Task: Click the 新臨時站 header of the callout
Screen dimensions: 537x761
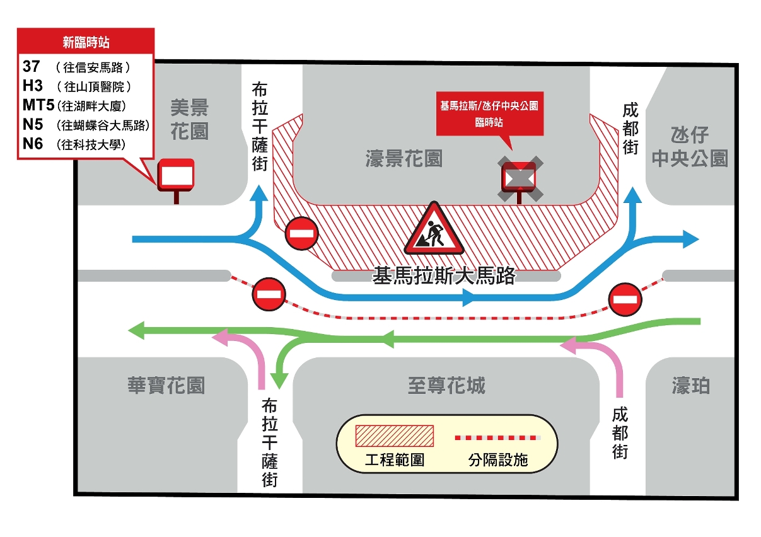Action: pyautogui.click(x=86, y=43)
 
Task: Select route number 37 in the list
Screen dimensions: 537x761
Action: pyautogui.click(x=32, y=66)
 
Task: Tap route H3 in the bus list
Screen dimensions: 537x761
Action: pyautogui.click(x=33, y=85)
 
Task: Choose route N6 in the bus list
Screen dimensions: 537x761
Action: pyautogui.click(x=33, y=144)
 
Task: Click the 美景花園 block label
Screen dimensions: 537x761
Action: pyautogui.click(x=189, y=119)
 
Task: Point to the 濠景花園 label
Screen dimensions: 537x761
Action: pyautogui.click(x=404, y=158)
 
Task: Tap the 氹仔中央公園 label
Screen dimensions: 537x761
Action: pyautogui.click(x=690, y=147)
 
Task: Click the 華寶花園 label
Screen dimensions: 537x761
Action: pyautogui.click(x=166, y=385)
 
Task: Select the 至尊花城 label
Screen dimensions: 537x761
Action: pyautogui.click(x=446, y=385)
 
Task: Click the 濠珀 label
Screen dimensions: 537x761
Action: pyautogui.click(x=691, y=385)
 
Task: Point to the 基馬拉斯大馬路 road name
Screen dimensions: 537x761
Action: pyautogui.click(x=444, y=276)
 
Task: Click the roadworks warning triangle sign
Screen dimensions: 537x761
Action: pyautogui.click(x=434, y=230)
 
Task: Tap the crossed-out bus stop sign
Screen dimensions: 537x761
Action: pyautogui.click(x=520, y=178)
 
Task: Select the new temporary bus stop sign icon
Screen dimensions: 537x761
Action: pyautogui.click(x=175, y=176)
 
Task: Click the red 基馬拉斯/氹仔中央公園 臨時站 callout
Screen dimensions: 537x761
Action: pyautogui.click(x=489, y=113)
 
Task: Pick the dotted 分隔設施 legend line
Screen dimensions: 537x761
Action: pyautogui.click(x=497, y=437)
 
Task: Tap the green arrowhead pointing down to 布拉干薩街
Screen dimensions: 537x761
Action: pyautogui.click(x=279, y=380)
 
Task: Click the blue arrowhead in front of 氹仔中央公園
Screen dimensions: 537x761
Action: pyautogui.click(x=690, y=239)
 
